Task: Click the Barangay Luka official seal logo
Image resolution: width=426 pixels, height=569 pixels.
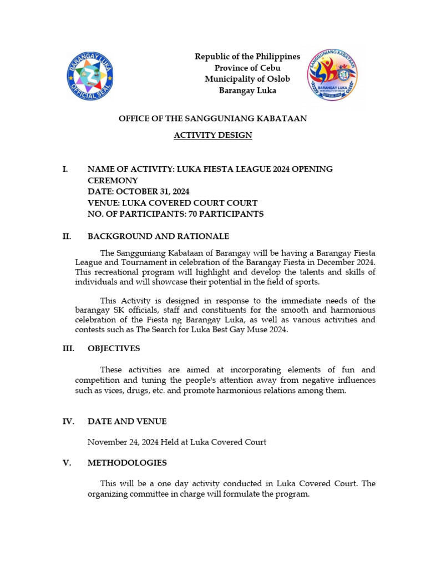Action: click(x=90, y=76)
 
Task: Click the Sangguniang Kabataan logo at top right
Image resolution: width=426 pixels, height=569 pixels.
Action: click(x=332, y=75)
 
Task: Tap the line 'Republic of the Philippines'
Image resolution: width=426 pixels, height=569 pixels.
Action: click(x=247, y=57)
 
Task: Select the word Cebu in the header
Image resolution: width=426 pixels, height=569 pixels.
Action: click(x=270, y=68)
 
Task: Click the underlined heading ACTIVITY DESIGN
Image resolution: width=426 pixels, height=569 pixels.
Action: click(x=213, y=136)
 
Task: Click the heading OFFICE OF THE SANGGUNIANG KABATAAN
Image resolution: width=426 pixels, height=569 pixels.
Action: click(x=213, y=118)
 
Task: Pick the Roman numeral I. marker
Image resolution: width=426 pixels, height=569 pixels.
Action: click(x=65, y=169)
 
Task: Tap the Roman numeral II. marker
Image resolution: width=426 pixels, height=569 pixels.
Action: click(x=67, y=237)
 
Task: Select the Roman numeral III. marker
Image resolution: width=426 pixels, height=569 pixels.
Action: click(x=68, y=349)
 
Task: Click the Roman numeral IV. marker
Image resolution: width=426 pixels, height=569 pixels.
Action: click(x=68, y=422)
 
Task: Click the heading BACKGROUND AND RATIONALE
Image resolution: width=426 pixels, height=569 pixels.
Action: click(x=158, y=237)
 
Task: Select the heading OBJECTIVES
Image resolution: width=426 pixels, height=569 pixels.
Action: click(x=114, y=349)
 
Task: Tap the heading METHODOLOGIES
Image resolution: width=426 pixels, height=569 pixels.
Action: click(x=127, y=463)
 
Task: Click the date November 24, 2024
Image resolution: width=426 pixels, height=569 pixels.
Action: click(x=123, y=442)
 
